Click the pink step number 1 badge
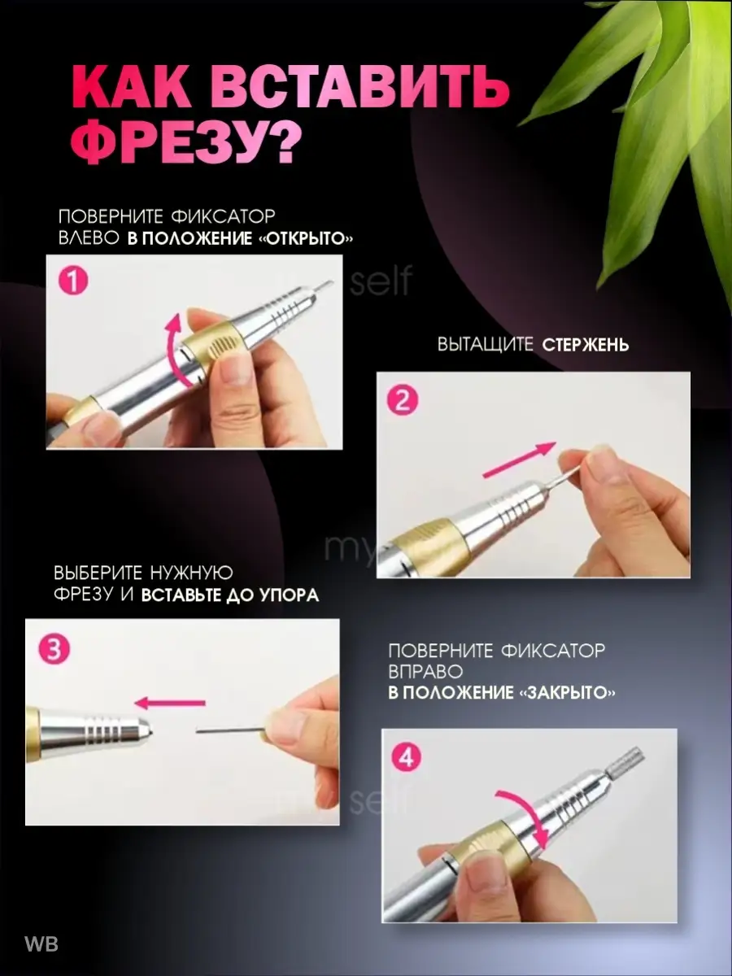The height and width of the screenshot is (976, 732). pyautogui.click(x=73, y=281)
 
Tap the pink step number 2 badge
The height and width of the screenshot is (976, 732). pyautogui.click(x=403, y=400)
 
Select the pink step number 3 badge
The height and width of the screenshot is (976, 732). pyautogui.click(x=54, y=650)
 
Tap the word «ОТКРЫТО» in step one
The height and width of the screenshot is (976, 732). pyautogui.click(x=306, y=239)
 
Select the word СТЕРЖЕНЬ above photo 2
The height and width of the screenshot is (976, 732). pyautogui.click(x=586, y=345)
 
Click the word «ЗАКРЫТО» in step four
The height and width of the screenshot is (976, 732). pyautogui.click(x=567, y=692)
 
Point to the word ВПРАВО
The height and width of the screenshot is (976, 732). pyautogui.click(x=425, y=672)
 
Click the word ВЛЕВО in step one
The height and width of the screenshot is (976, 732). pyautogui.click(x=89, y=238)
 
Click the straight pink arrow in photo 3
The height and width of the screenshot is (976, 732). pyautogui.click(x=170, y=703)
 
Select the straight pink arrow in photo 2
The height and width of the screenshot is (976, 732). pyautogui.click(x=520, y=460)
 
